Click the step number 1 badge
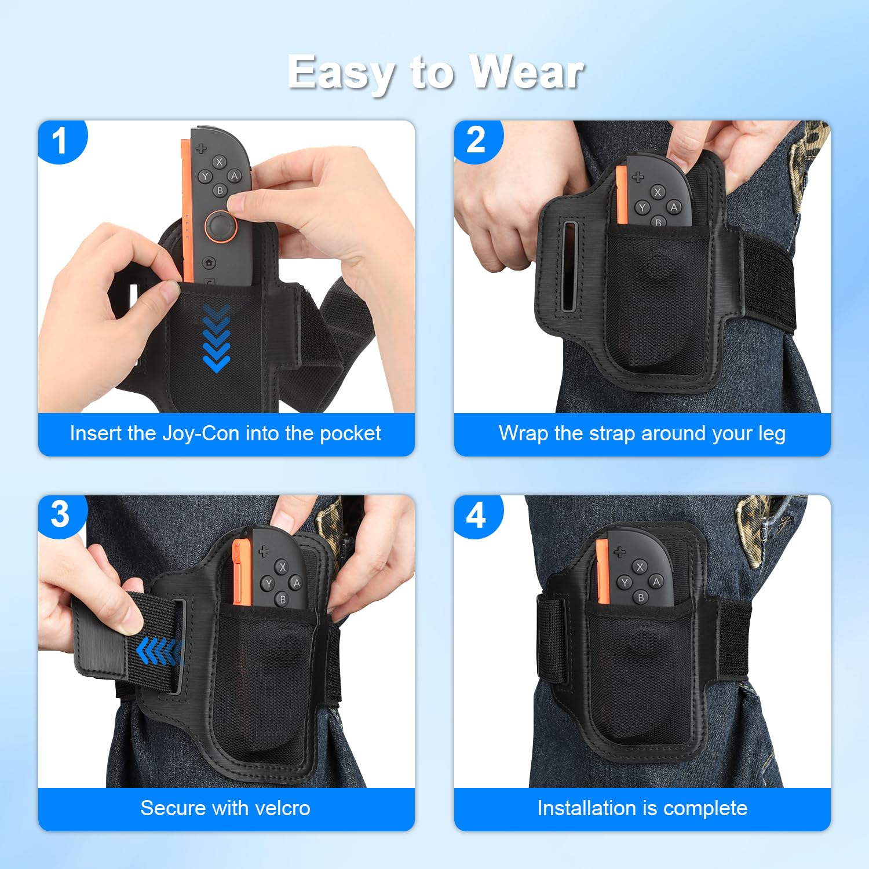click(x=60, y=141)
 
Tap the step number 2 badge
click(x=476, y=141)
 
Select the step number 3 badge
click(x=60, y=515)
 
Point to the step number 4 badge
click(x=476, y=515)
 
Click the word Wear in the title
click(x=526, y=72)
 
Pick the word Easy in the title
click(x=341, y=74)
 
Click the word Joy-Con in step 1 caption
click(x=200, y=433)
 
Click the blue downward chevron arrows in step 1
click(x=217, y=338)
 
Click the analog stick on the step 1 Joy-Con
click(x=221, y=225)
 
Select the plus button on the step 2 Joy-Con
click(x=638, y=177)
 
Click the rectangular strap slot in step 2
click(x=569, y=267)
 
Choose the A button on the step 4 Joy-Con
click(x=656, y=581)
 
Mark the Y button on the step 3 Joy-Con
click(x=268, y=583)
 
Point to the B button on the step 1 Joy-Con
click(x=220, y=190)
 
